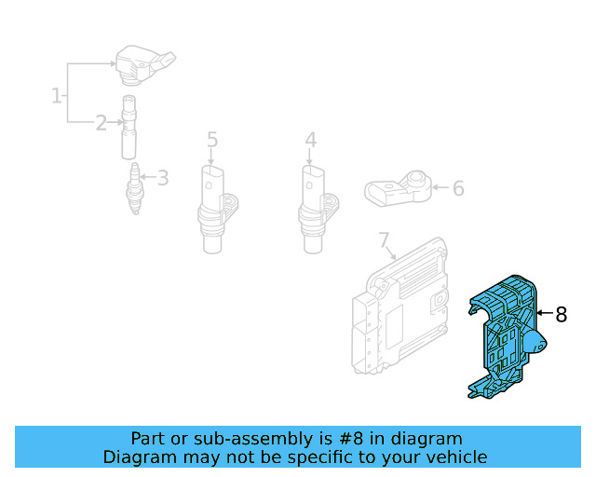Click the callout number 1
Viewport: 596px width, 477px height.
coord(57,94)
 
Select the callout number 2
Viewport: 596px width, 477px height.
coord(101,122)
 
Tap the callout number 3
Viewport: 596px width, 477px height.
coord(163,177)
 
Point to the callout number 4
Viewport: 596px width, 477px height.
coord(310,140)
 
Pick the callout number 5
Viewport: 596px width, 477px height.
coord(212,140)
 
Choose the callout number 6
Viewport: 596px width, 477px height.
coord(457,188)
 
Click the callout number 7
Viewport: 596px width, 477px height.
coord(383,241)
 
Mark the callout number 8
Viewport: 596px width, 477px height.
coord(561,315)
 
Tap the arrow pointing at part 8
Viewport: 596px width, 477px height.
coord(544,315)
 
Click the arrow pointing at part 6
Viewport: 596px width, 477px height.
coord(439,188)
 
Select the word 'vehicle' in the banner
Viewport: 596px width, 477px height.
coord(455,457)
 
